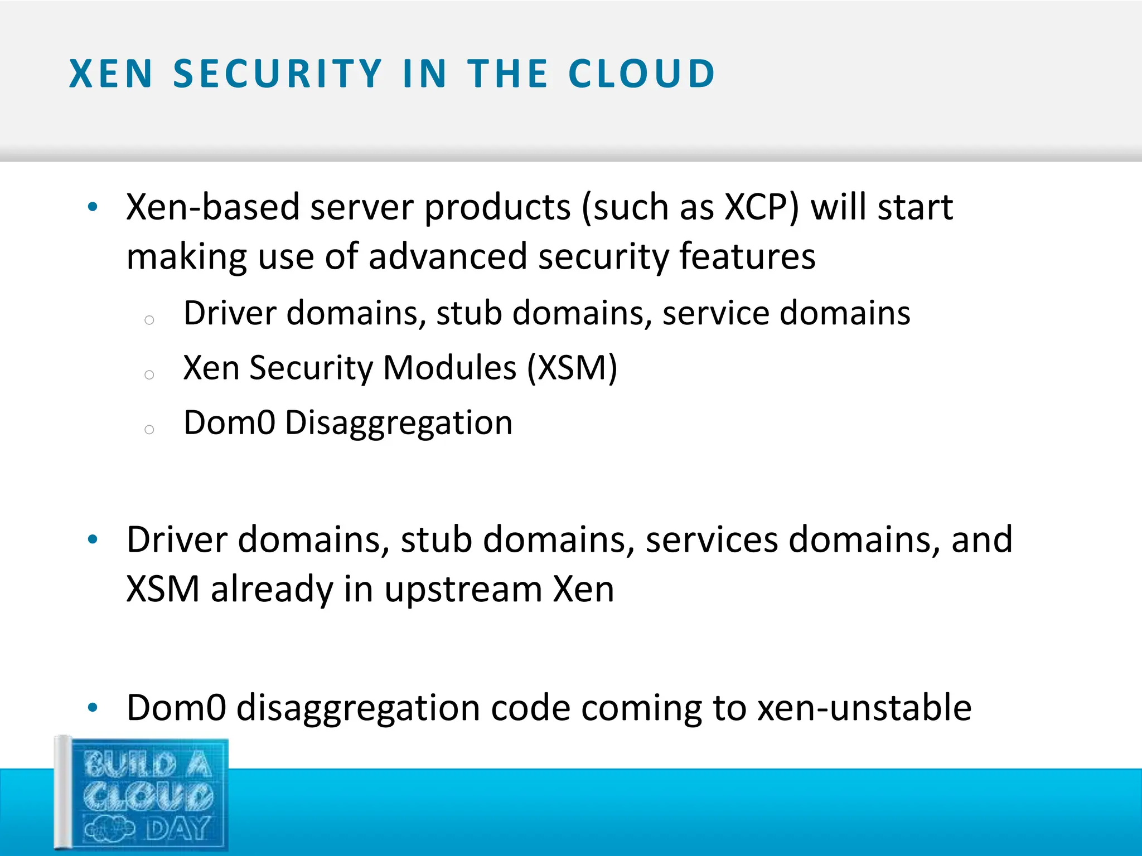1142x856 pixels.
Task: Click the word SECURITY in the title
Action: pyautogui.click(x=277, y=74)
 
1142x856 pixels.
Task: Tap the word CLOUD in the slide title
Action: pyautogui.click(x=641, y=74)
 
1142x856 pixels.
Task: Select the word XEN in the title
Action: pyautogui.click(x=111, y=74)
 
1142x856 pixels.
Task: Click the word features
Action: pyautogui.click(x=747, y=256)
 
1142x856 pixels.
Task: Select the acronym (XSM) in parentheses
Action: pyautogui.click(x=573, y=368)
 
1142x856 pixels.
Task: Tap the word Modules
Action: pyautogui.click(x=450, y=368)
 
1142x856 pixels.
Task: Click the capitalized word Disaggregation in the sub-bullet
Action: pyautogui.click(x=398, y=423)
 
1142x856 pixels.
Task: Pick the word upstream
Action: pyautogui.click(x=463, y=590)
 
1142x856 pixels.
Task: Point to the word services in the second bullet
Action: pyautogui.click(x=712, y=539)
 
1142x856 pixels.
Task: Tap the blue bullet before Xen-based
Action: pyautogui.click(x=93, y=207)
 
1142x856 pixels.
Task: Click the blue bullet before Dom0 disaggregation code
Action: pyautogui.click(x=93, y=708)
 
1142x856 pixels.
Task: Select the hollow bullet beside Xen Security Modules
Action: pyautogui.click(x=149, y=374)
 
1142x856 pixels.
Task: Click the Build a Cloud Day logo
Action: pyautogui.click(x=143, y=794)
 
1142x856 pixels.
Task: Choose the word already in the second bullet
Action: pyautogui.click(x=272, y=590)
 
